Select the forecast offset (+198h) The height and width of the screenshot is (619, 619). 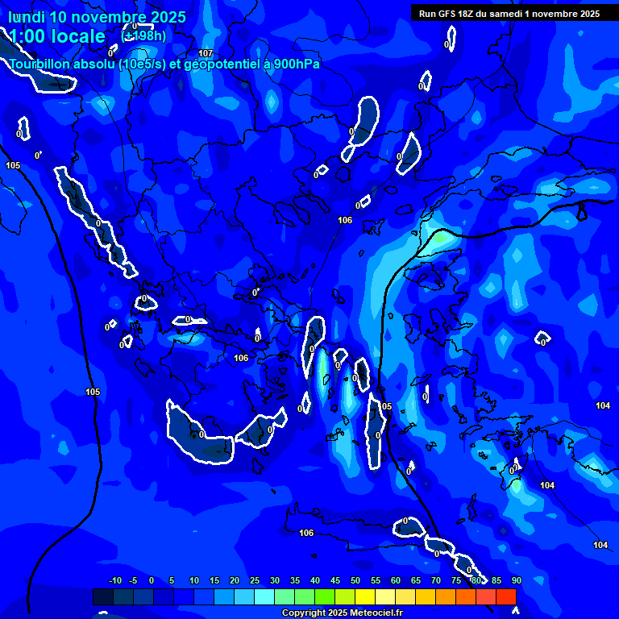tap(143, 35)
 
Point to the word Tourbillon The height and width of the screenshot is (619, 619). tap(39, 64)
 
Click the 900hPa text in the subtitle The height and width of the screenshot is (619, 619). tap(295, 64)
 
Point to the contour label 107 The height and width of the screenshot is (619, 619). tap(206, 54)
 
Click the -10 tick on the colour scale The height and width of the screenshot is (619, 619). tap(114, 581)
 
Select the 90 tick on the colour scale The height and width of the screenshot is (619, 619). tap(516, 581)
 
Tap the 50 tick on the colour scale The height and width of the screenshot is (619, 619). tap(355, 581)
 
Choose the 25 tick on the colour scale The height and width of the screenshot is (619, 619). tap(255, 581)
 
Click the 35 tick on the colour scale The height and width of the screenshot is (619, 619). tap(295, 581)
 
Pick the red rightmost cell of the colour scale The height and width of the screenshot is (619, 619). tap(505, 596)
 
